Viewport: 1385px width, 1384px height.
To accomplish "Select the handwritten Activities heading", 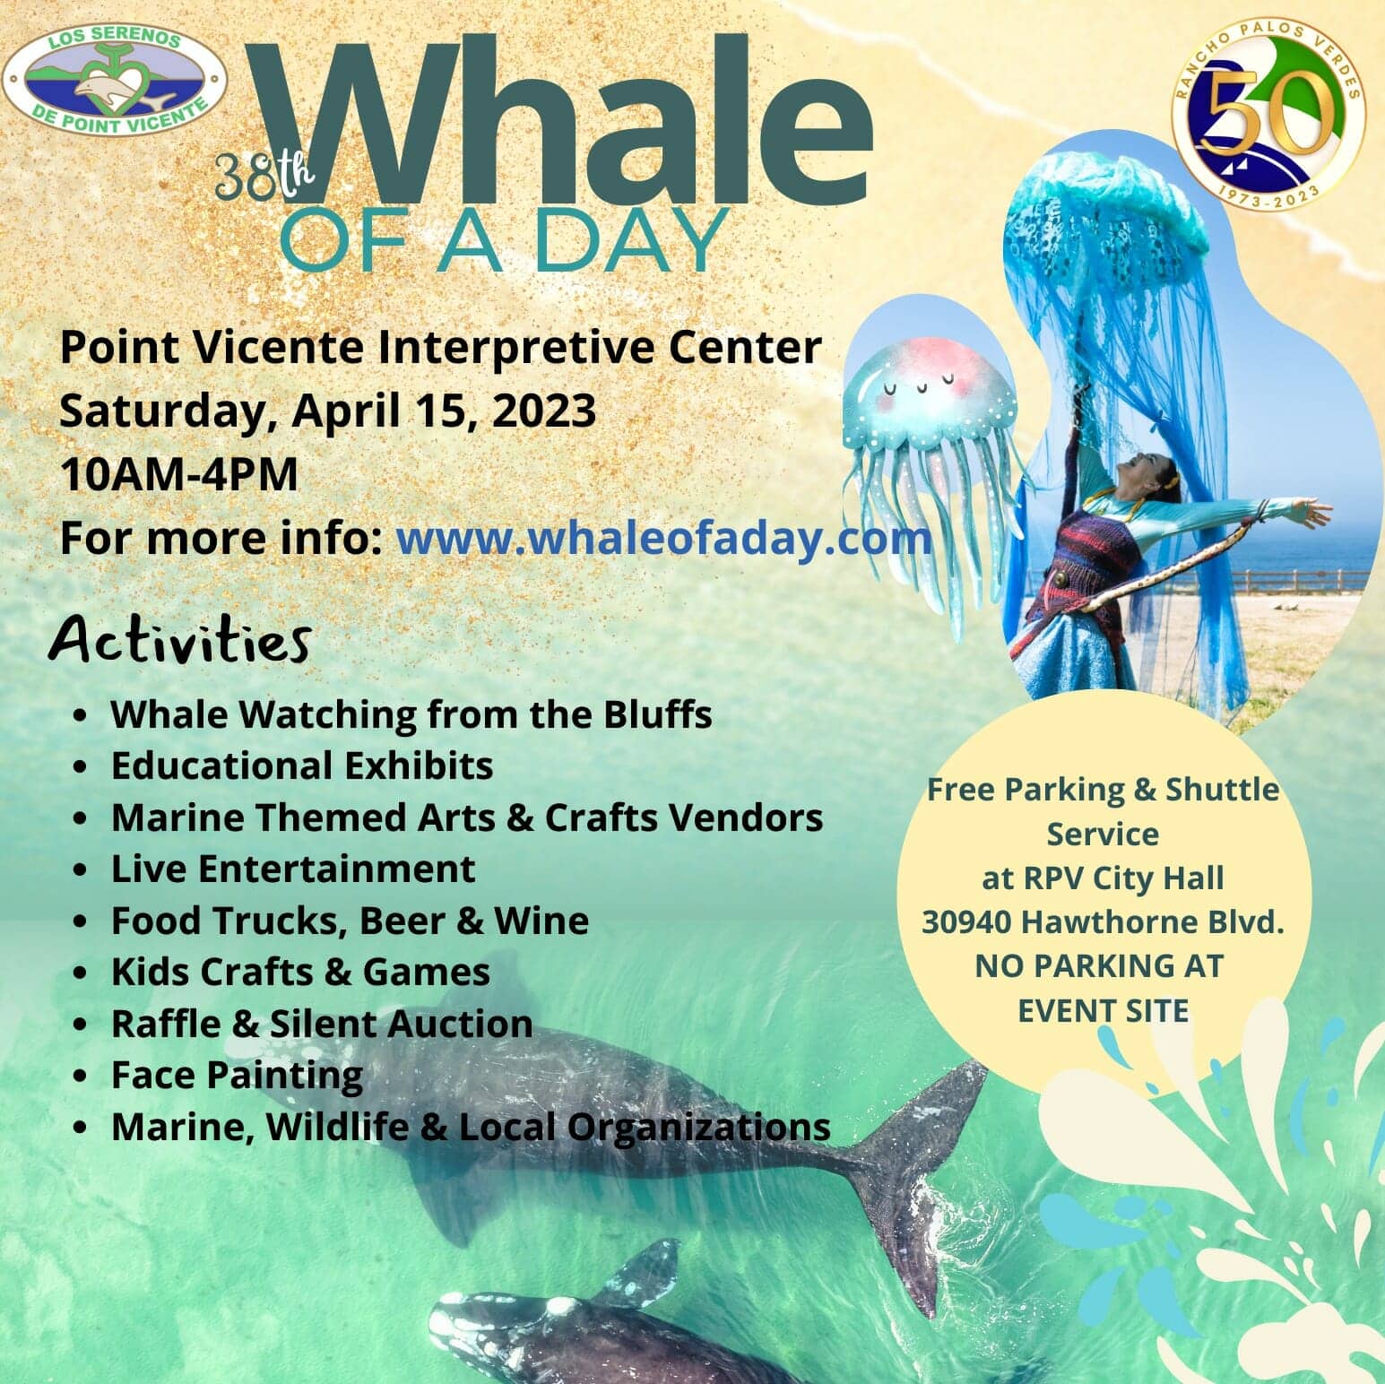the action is pyautogui.click(x=180, y=640).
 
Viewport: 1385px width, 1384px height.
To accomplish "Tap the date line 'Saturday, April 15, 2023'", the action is pyautogui.click(x=328, y=411).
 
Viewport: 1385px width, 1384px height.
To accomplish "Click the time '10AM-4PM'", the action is pyautogui.click(x=179, y=475).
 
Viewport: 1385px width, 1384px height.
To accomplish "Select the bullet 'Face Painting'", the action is pyautogui.click(x=237, y=1076).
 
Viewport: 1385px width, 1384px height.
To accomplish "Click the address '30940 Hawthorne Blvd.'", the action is pyautogui.click(x=1104, y=922).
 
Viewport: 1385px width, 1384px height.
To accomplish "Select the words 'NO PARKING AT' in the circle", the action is pyautogui.click(x=1099, y=966).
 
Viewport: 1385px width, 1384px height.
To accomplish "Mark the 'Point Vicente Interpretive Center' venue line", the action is pyautogui.click(x=441, y=348).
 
